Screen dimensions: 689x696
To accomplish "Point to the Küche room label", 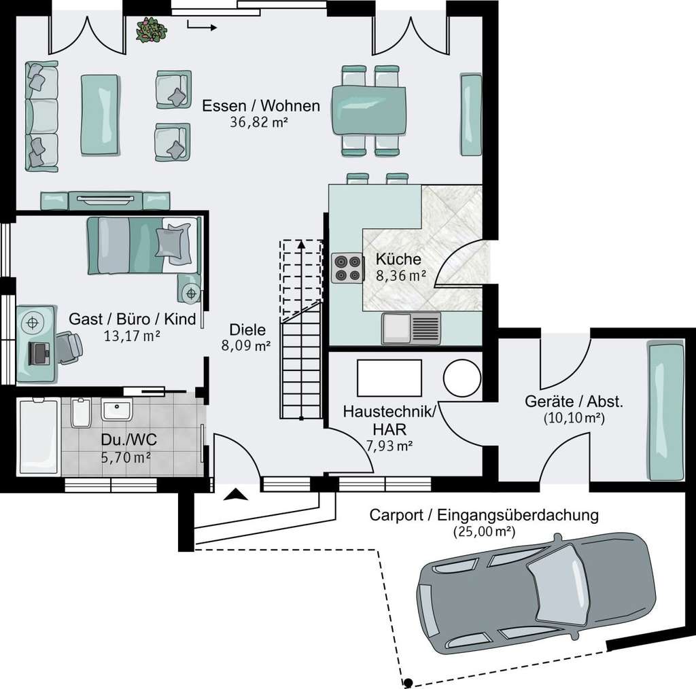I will (399, 259).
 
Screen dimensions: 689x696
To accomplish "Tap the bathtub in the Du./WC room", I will (38, 438).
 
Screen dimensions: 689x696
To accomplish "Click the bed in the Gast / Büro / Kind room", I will (143, 245).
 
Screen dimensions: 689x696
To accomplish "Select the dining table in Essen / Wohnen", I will (371, 110).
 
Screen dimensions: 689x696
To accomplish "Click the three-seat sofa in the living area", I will (42, 116).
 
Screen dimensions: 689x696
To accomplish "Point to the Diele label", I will (247, 330).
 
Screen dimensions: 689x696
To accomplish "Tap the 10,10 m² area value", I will (574, 418).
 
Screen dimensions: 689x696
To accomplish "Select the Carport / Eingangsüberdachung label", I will (484, 515).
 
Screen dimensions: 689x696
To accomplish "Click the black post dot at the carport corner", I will (408, 682).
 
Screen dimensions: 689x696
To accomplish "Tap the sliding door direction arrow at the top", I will (202, 27).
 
